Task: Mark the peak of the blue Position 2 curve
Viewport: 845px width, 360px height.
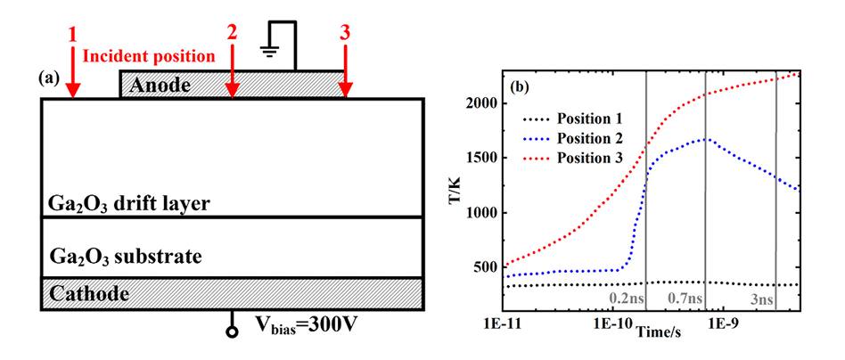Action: point(706,139)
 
